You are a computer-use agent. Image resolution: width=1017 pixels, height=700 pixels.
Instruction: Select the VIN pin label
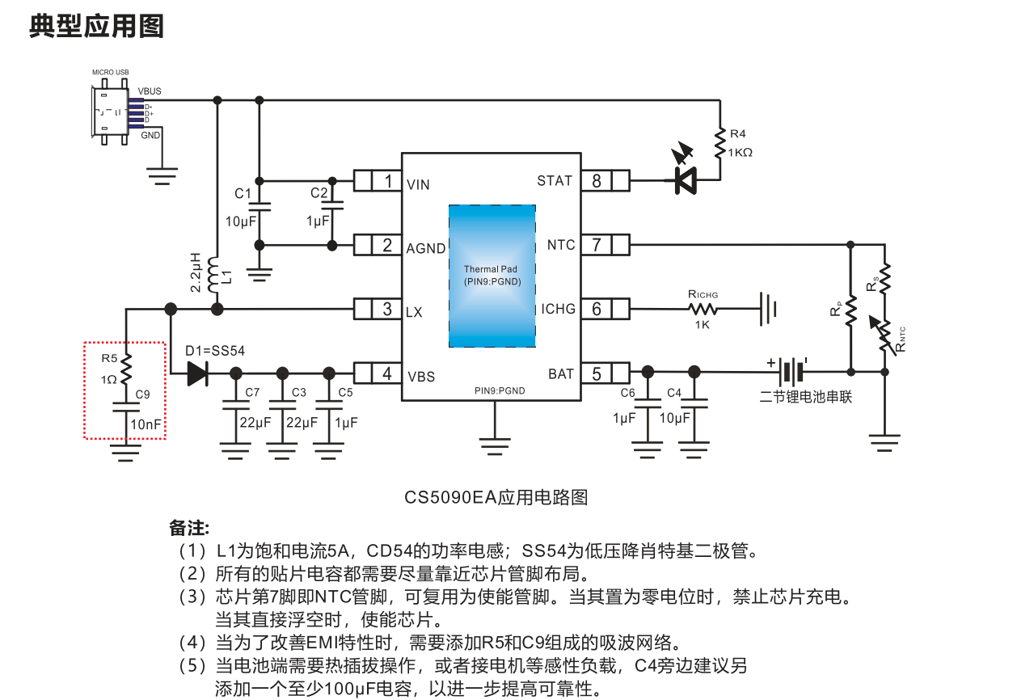pyautogui.click(x=418, y=184)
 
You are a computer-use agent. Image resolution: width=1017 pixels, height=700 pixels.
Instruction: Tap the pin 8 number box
pyautogui.click(x=597, y=181)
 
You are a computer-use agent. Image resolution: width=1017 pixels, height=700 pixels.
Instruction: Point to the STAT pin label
pyautogui.click(x=555, y=181)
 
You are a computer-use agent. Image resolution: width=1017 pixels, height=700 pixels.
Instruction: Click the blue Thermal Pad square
pyautogui.click(x=492, y=276)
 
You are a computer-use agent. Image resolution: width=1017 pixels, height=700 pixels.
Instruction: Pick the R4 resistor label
pyautogui.click(x=738, y=133)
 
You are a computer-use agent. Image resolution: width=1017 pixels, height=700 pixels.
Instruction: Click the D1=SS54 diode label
pyautogui.click(x=214, y=351)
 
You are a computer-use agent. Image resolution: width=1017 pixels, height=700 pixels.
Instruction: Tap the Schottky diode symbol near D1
pyautogui.click(x=197, y=373)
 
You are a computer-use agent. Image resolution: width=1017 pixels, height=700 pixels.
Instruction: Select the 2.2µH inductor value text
pyautogui.click(x=196, y=272)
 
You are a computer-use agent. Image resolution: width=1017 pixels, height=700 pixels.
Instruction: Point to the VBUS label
pyautogui.click(x=150, y=91)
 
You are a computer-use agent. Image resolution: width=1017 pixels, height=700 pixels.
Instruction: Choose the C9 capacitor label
pyautogui.click(x=143, y=394)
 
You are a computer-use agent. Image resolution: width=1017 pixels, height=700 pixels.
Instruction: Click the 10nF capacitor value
pyautogui.click(x=146, y=424)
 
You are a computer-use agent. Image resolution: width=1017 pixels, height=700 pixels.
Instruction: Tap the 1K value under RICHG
pyautogui.click(x=703, y=324)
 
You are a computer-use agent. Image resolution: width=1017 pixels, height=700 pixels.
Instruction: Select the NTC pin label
pyautogui.click(x=561, y=245)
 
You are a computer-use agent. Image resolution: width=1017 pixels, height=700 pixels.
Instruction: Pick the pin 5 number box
pyautogui.click(x=597, y=373)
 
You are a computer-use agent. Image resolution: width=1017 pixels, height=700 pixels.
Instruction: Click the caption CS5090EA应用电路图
pyautogui.click(x=496, y=497)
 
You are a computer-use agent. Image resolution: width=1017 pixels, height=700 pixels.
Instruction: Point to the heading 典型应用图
pyautogui.click(x=97, y=26)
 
